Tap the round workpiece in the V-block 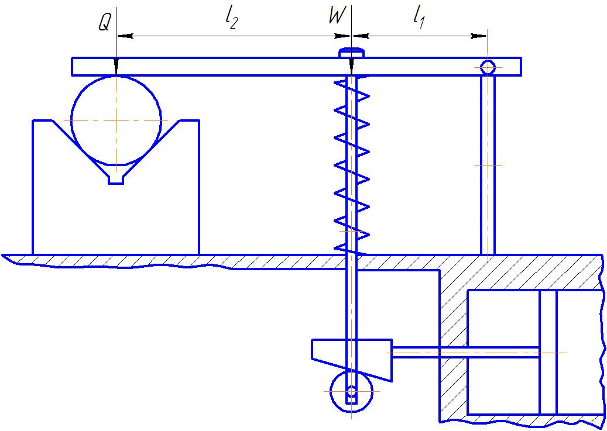[x=116, y=120]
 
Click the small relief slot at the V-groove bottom [x=116, y=180]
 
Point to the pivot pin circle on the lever [x=488, y=67]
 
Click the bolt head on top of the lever [x=351, y=53]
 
